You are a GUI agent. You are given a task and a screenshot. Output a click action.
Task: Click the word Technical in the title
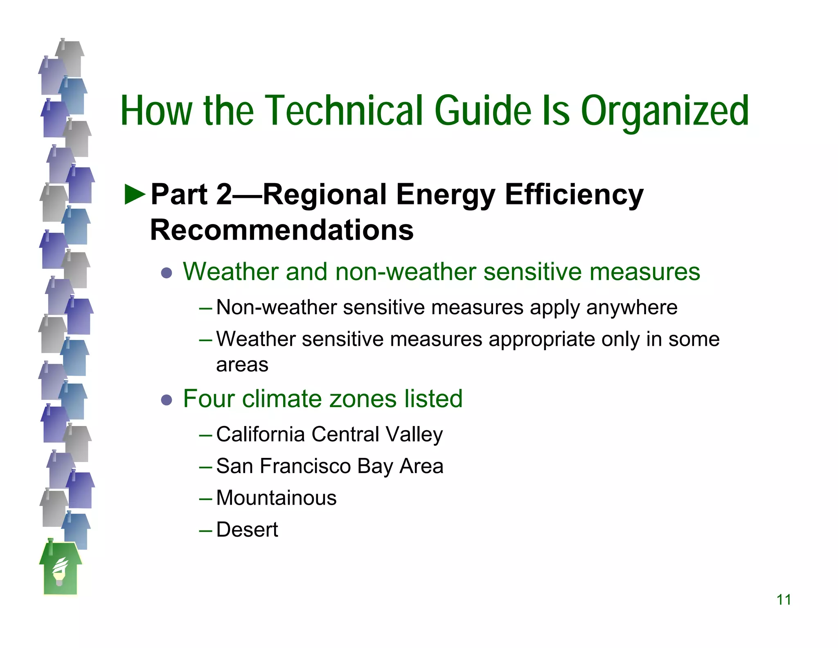click(x=344, y=111)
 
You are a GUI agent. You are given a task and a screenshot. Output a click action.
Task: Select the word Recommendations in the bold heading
click(x=282, y=230)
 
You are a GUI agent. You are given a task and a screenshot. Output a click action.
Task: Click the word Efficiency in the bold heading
click(x=574, y=195)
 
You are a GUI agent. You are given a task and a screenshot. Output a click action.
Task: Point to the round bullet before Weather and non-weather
click(x=167, y=273)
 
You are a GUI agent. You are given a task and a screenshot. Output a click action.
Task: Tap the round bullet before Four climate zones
click(x=167, y=400)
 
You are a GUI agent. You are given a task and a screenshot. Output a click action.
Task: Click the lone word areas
click(x=242, y=365)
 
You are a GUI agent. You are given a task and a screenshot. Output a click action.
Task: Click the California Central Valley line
click(x=329, y=434)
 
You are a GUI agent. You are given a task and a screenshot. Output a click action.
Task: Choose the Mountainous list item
click(x=276, y=498)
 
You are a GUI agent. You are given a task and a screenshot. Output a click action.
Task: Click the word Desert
click(x=247, y=530)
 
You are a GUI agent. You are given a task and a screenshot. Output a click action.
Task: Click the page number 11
click(x=783, y=600)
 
